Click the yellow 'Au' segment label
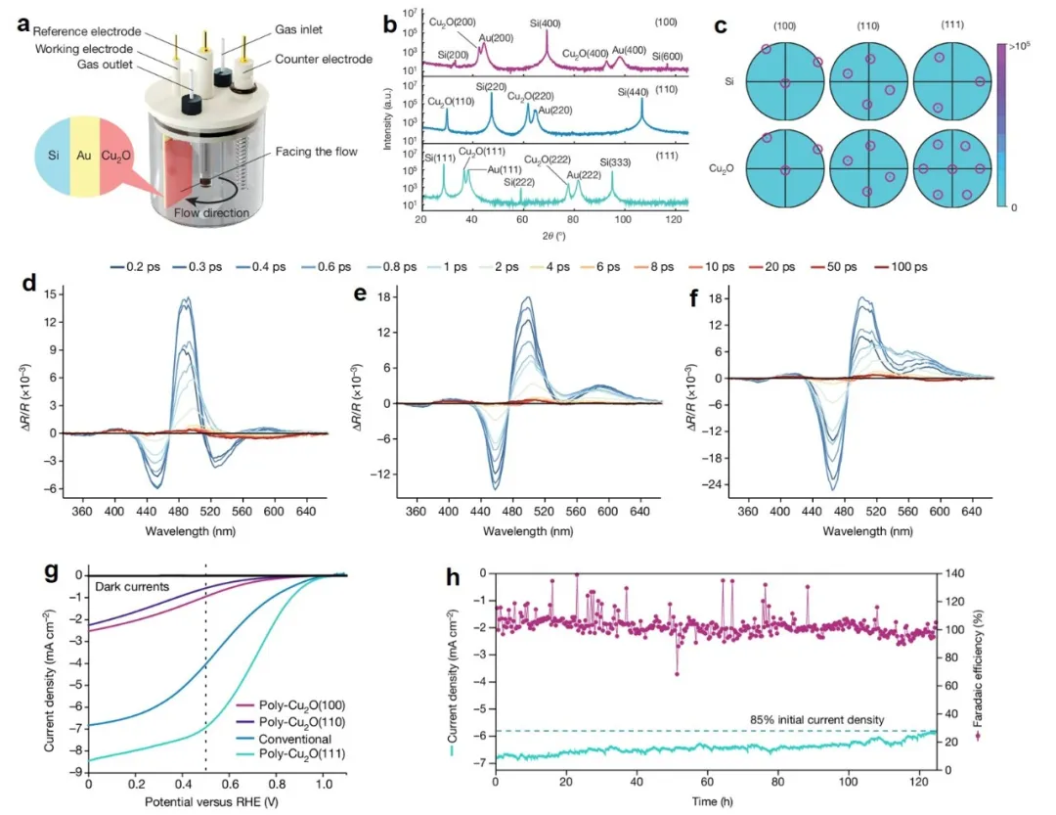click(x=84, y=155)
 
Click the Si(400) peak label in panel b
click(x=546, y=20)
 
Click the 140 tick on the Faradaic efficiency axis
click(x=951, y=574)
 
